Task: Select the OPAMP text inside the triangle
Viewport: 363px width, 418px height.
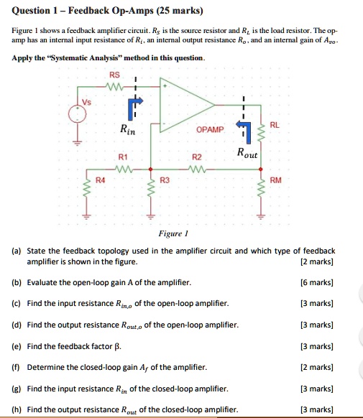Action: click(x=210, y=129)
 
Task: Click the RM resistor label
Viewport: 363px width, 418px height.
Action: click(x=275, y=180)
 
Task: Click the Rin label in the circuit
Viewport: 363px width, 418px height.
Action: click(x=127, y=130)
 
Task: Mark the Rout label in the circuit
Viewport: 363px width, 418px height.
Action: click(x=248, y=152)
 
